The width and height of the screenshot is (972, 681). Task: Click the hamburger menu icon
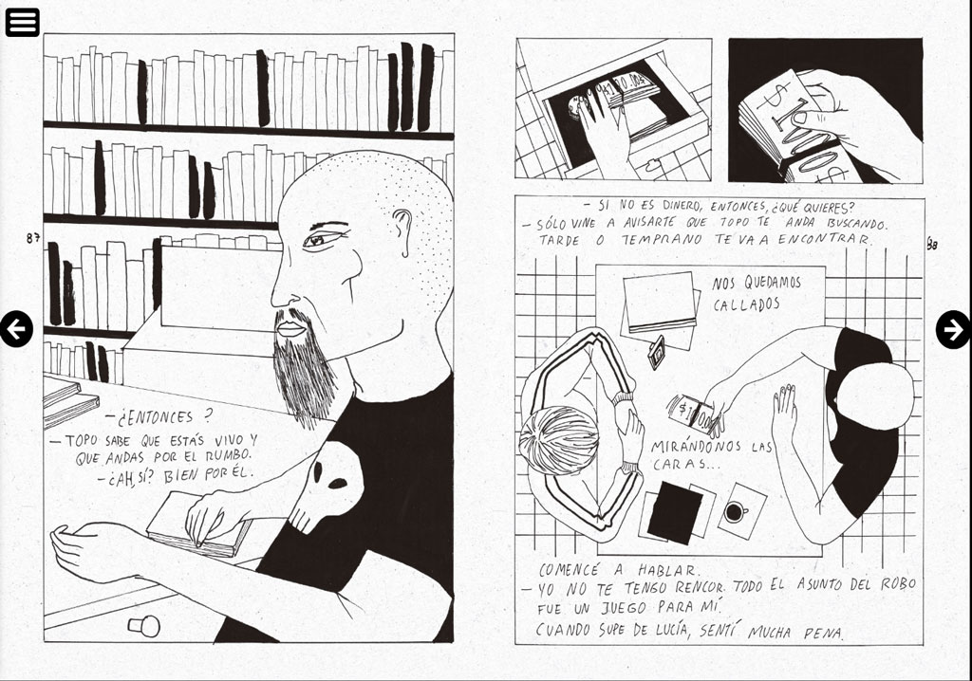pyautogui.click(x=23, y=23)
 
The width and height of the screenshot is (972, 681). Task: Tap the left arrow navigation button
pyautogui.click(x=15, y=328)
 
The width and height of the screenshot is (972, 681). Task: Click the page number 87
pyautogui.click(x=33, y=238)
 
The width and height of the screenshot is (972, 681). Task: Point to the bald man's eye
pyautogui.click(x=320, y=239)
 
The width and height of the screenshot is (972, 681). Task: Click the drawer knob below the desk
pyautogui.click(x=144, y=626)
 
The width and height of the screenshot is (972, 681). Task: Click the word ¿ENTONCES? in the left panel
pyautogui.click(x=159, y=417)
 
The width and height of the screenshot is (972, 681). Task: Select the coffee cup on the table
pyautogui.click(x=736, y=512)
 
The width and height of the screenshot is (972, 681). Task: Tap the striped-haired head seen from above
pyautogui.click(x=558, y=440)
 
